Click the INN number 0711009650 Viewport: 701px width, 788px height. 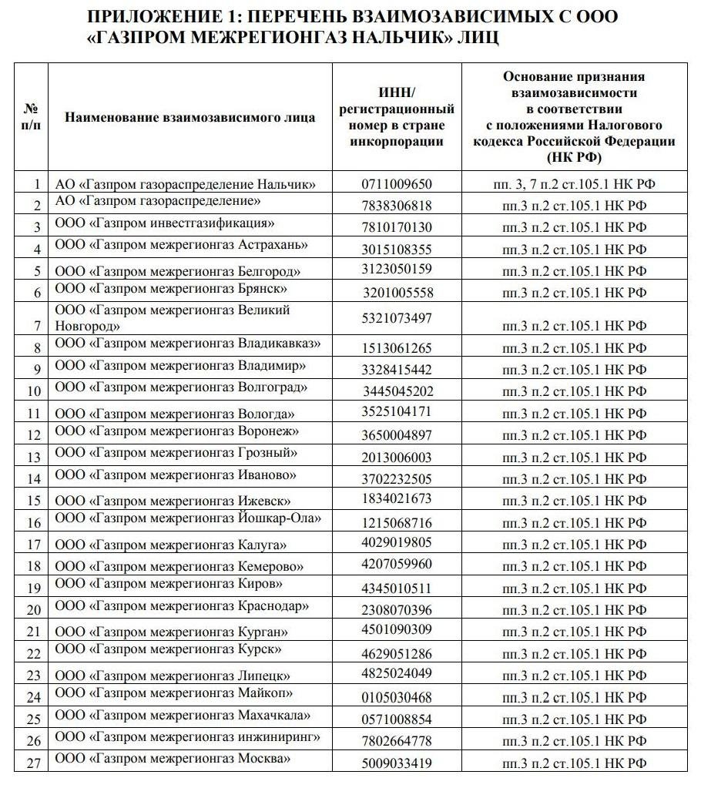point(397,184)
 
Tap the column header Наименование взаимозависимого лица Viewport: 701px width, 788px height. point(190,118)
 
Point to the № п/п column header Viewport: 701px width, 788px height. point(32,117)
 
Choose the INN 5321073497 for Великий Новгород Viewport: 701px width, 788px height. point(397,318)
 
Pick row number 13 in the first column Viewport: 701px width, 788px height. point(33,458)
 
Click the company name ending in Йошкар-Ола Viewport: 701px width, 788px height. point(188,518)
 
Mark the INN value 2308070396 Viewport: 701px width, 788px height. point(397,610)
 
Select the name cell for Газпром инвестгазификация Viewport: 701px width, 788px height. point(166,223)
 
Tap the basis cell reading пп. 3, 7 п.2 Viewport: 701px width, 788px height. point(574,184)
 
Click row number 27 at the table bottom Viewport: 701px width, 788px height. point(33,763)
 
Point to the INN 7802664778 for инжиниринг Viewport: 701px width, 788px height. point(397,741)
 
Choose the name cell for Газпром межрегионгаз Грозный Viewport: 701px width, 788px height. point(176,453)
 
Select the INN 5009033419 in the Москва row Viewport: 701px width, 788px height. point(397,763)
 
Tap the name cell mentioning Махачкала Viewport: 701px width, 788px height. point(183,715)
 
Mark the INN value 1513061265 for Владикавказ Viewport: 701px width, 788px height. point(397,348)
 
